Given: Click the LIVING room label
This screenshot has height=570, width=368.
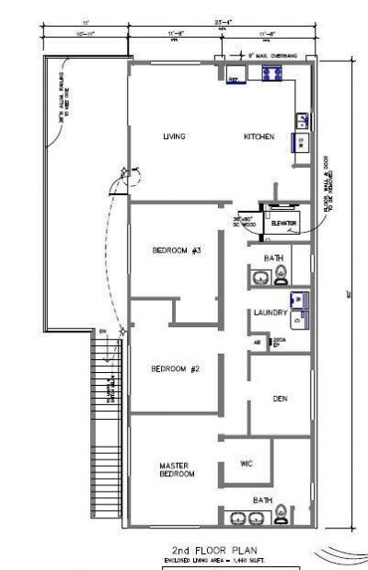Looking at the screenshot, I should [174, 137].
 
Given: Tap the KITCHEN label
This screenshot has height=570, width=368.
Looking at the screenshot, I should [259, 137].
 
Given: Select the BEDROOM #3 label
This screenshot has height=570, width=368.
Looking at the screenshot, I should [177, 250].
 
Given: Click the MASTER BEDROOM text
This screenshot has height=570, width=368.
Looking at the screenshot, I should [176, 471].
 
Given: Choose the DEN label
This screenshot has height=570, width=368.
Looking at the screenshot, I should [282, 399].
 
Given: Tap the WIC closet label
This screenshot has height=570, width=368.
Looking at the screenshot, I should [246, 462].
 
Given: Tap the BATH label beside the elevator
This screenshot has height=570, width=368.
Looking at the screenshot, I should [273, 259].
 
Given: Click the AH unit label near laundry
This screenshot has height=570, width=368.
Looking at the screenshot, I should [259, 342].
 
